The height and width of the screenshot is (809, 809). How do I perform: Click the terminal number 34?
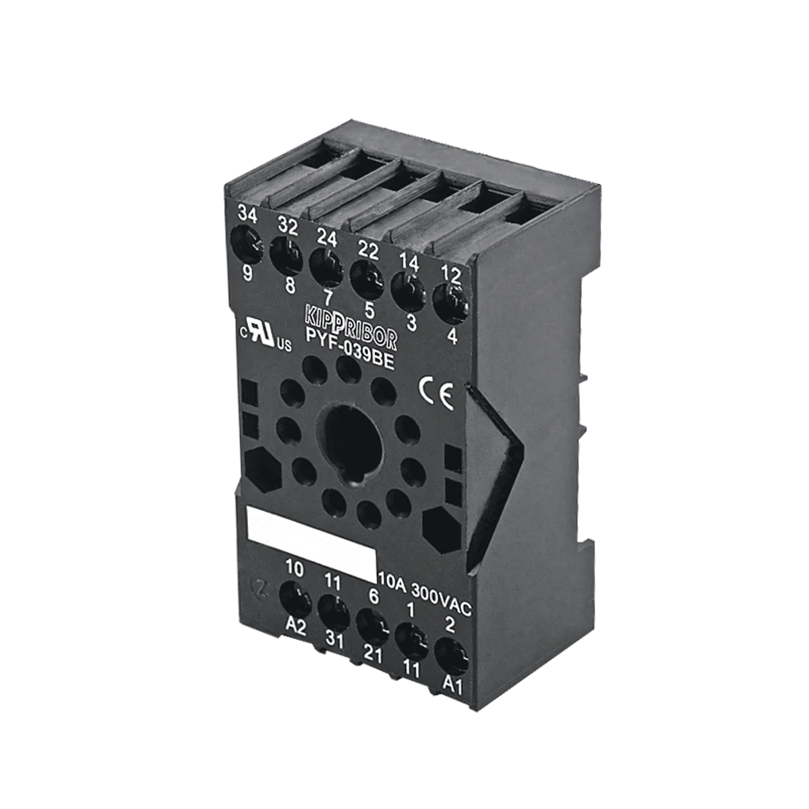pos(247,214)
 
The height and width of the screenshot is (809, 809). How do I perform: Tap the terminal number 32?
pos(288,227)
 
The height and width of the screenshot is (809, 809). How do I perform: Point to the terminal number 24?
pos(326,239)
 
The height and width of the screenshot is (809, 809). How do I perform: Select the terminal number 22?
pos(368,251)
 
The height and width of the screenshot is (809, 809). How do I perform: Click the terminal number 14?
pos(409,264)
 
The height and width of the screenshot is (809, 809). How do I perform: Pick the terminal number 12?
pos(451,275)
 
